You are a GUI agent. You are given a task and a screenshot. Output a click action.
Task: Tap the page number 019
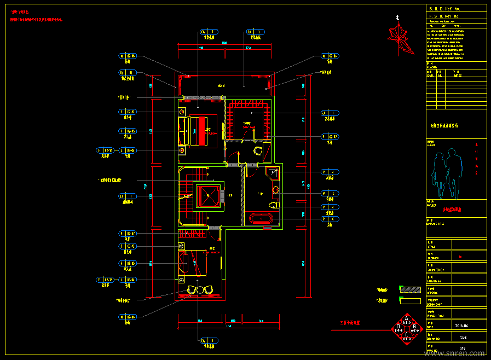(x=462, y=349)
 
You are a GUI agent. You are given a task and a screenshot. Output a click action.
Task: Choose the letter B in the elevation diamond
(x=414, y=327)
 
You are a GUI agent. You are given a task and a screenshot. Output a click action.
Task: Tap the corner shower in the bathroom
(x=272, y=175)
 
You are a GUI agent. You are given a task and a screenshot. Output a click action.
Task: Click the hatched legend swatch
(x=407, y=288)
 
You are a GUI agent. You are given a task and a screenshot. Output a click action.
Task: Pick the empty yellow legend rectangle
(x=407, y=300)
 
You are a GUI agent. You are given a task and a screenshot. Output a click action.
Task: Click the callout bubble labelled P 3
(x=330, y=193)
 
